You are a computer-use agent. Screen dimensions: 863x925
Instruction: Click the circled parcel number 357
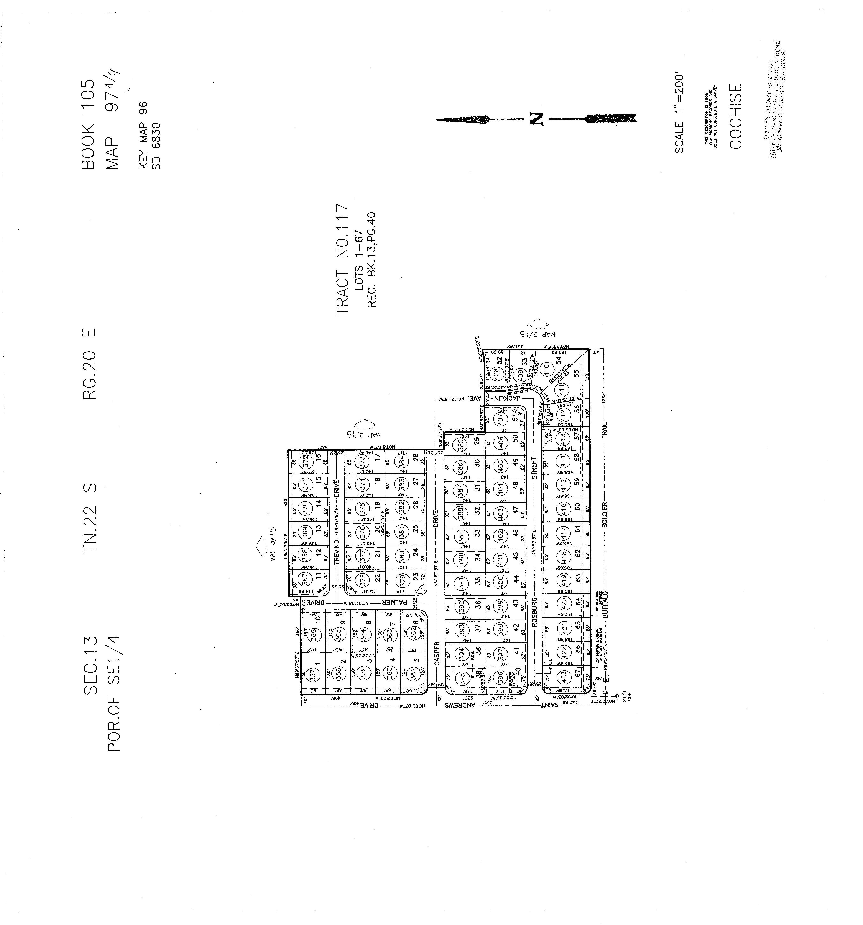(313, 674)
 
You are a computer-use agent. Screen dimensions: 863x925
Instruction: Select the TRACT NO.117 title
(342, 259)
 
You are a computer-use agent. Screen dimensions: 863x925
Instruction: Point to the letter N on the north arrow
(535, 119)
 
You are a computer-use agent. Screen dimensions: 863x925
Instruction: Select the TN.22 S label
(89, 517)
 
